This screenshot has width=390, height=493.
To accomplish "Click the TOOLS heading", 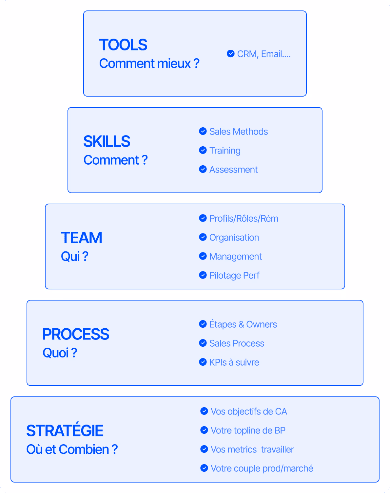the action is [123, 45].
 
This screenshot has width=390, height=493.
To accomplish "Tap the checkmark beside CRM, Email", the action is [231, 53].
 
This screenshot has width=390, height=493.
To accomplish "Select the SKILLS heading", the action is [107, 141].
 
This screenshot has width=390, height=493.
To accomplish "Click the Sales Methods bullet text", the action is [238, 132].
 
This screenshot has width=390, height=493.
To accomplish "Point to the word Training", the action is [225, 151].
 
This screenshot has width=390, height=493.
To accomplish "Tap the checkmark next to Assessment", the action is [203, 169].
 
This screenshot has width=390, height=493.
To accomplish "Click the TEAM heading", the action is [82, 238].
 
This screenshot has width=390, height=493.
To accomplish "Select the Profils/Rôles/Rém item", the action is [244, 218].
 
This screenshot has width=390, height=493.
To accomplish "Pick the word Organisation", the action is [234, 237].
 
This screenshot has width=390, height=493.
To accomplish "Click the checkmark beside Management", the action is [203, 256].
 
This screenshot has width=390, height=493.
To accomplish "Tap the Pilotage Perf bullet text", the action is [234, 275].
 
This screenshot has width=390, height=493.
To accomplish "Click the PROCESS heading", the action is [76, 334].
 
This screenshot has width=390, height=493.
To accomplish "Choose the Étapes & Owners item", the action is [243, 324].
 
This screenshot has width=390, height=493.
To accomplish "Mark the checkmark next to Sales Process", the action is [203, 343].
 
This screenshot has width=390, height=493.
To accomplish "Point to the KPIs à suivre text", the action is [234, 362].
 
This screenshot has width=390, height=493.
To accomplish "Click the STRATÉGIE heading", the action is [65, 431].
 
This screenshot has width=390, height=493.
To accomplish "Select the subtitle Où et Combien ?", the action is [72, 449].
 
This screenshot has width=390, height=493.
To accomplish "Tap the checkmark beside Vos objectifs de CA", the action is [204, 411].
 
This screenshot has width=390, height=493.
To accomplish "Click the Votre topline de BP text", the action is [248, 430].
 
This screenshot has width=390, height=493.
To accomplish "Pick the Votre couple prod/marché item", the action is [262, 468].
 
